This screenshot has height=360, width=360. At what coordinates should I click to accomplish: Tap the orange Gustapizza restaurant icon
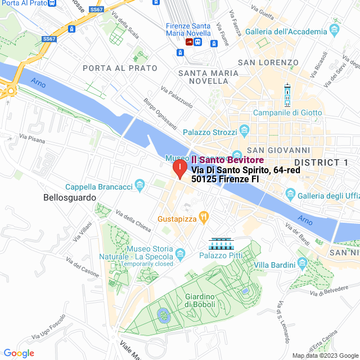tap(204, 215)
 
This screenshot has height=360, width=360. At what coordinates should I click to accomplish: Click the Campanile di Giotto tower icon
tap(287, 96)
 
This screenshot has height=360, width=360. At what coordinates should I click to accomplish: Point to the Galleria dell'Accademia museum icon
tap(336, 28)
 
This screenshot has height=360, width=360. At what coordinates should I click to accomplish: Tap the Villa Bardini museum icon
tap(301, 263)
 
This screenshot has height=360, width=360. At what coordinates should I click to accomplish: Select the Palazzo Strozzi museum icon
tap(244, 131)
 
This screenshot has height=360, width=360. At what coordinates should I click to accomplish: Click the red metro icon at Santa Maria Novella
tap(189, 41)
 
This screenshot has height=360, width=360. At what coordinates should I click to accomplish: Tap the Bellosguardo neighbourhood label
tap(70, 198)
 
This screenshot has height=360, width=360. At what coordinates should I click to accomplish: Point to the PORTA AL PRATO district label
tap(120, 68)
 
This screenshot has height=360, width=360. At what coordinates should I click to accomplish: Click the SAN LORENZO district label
tap(268, 62)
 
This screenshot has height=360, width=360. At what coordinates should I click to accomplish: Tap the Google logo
tap(19, 353)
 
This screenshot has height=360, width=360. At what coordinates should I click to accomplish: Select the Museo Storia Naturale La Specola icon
tap(180, 254)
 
